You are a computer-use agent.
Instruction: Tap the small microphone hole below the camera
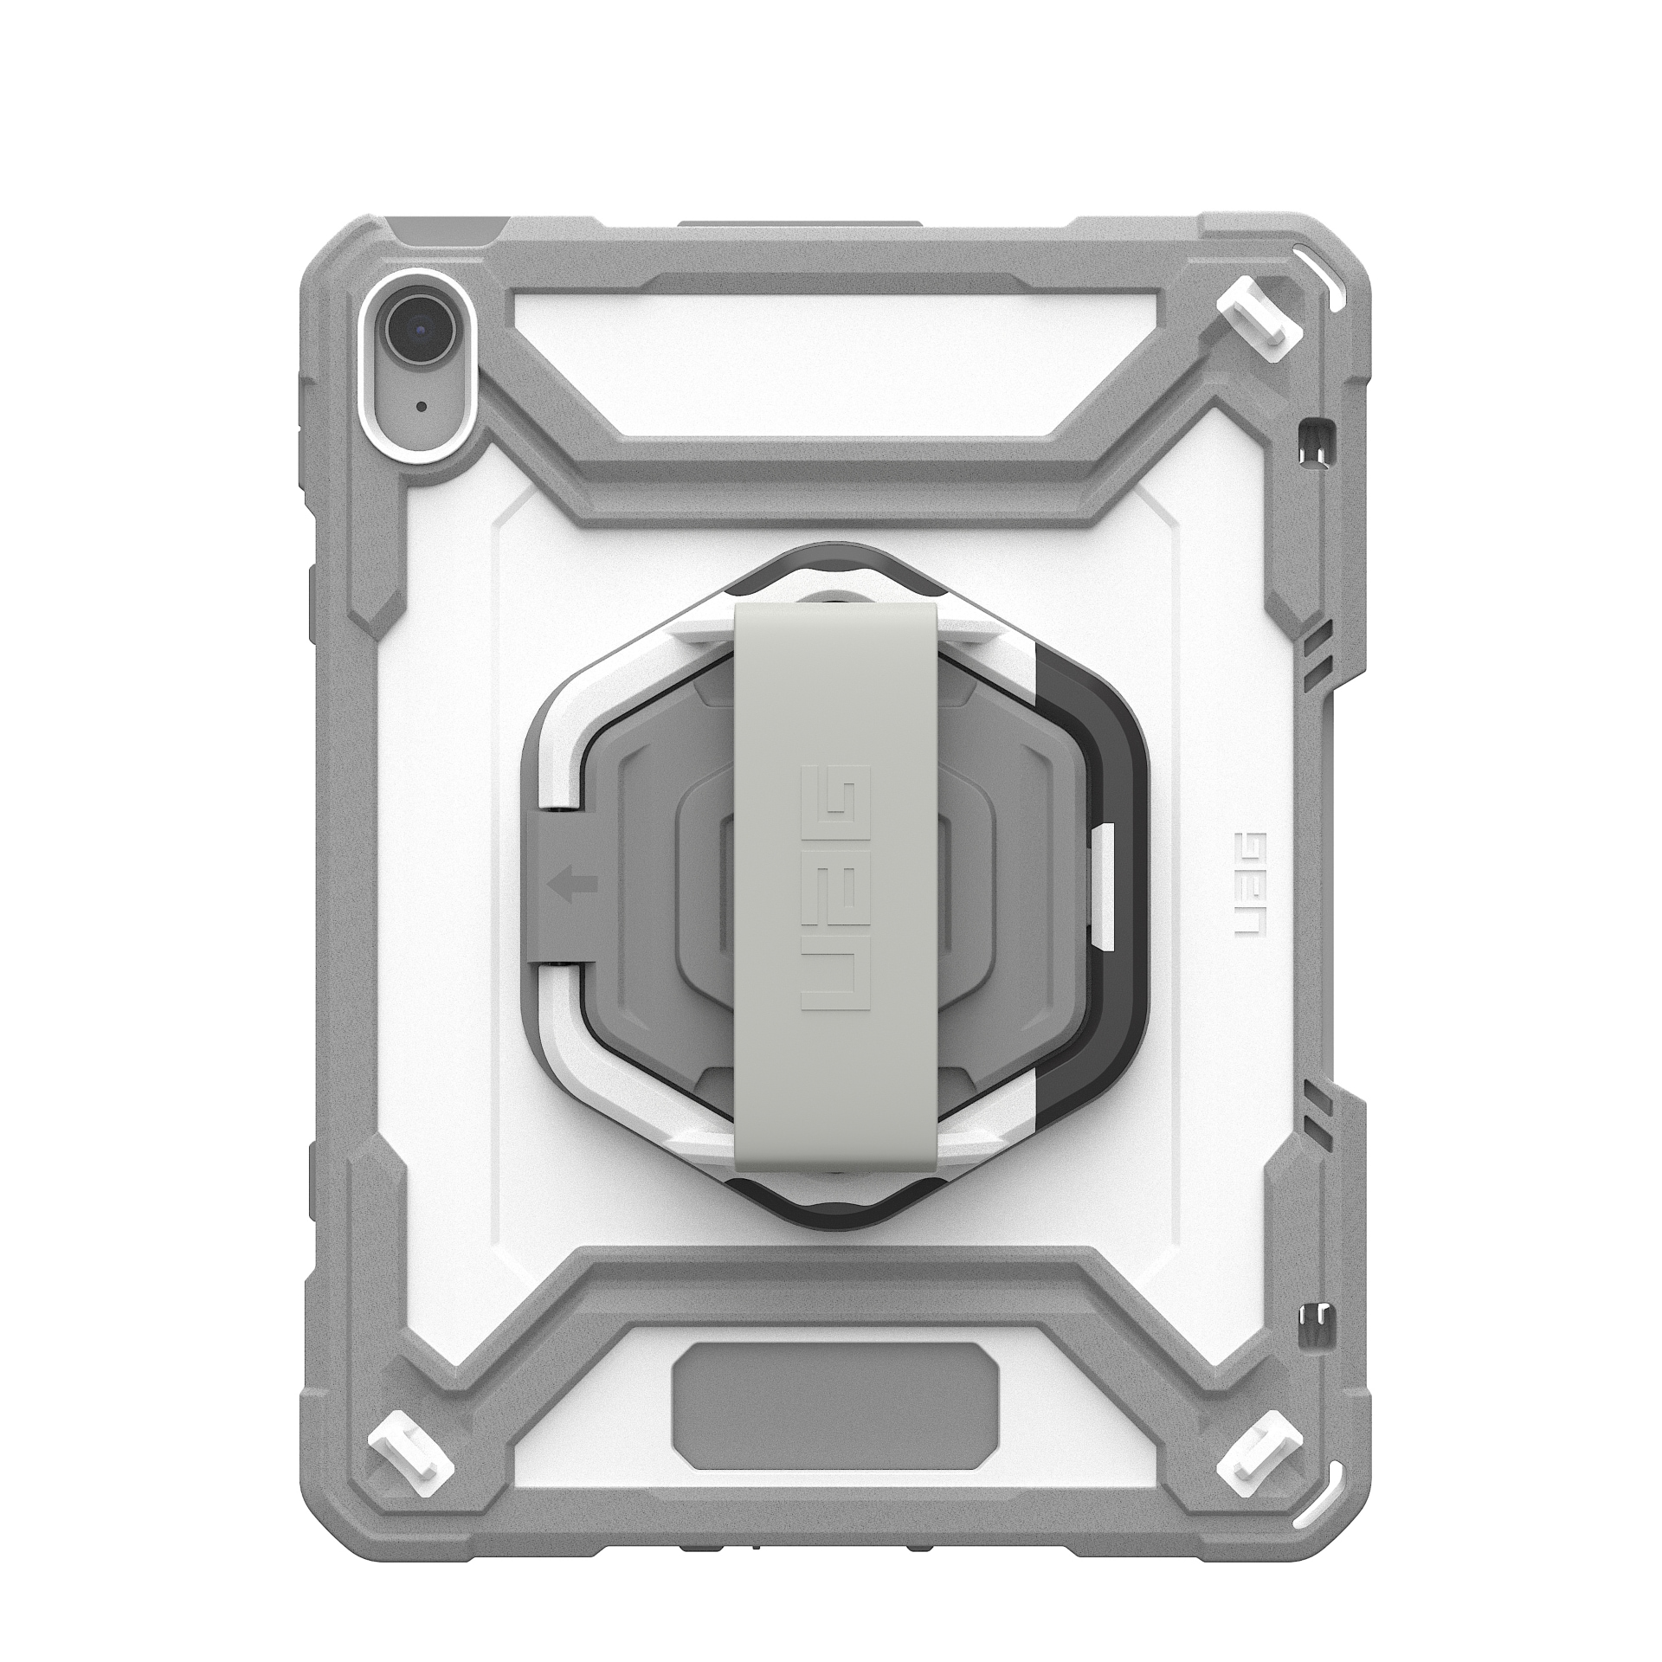tap(421, 405)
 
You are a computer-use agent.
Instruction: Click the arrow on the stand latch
tap(572, 884)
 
